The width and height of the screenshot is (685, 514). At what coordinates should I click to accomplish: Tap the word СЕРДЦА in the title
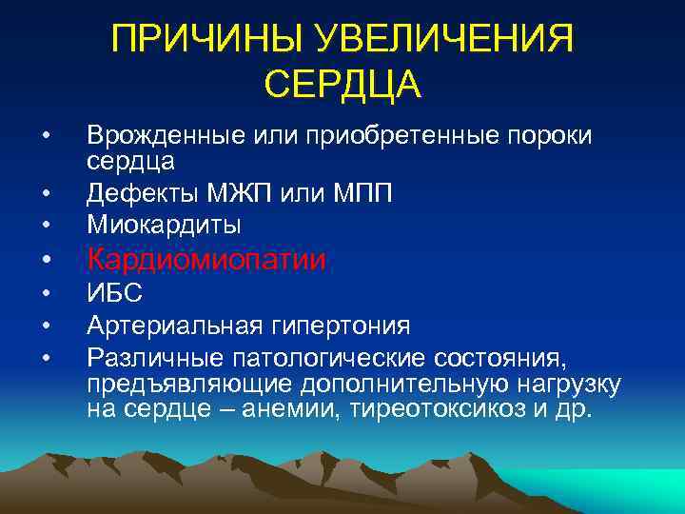[342, 84]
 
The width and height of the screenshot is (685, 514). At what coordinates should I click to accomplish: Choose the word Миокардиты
[163, 225]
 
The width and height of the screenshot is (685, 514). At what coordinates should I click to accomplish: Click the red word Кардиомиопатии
[206, 259]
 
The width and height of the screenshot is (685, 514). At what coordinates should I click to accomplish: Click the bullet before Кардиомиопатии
[46, 260]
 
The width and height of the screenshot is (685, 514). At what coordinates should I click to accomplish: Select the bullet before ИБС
[46, 295]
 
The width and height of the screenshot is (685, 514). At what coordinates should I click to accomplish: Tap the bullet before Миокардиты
[46, 226]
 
